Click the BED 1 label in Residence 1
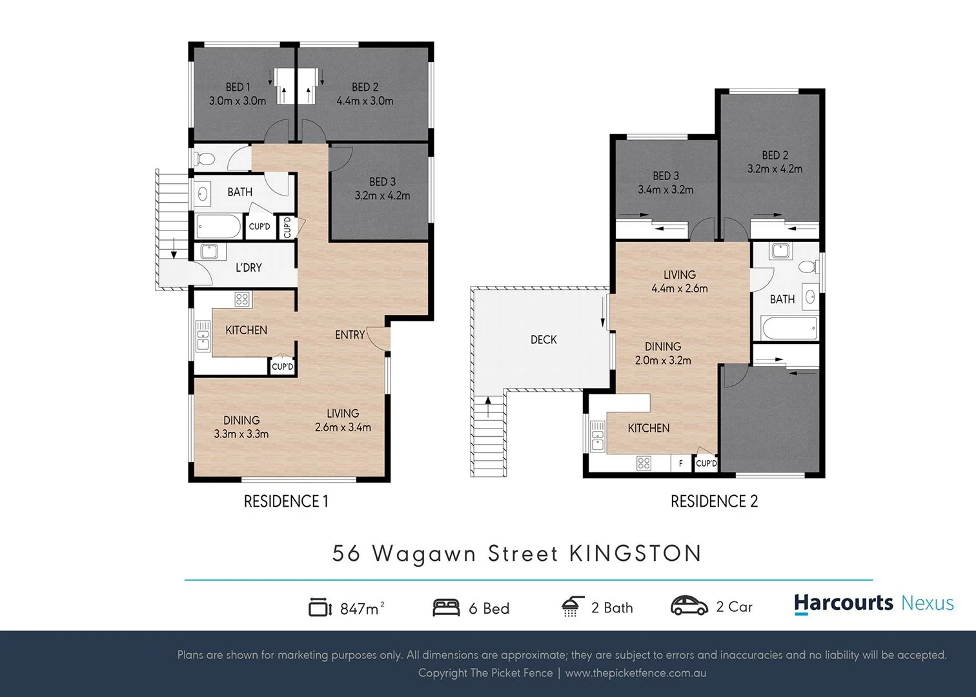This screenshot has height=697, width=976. pos(238,87)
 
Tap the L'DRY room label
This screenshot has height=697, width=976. pos(249,267)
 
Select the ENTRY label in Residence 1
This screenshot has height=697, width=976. pos(349,334)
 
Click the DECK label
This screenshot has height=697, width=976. pos(544,339)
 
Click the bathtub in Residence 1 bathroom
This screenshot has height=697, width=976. pos(219,227)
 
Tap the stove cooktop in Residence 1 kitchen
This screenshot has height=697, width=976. pos(242,299)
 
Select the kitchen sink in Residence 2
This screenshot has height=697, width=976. pos(597,435)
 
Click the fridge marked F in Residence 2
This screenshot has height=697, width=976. pos(680,463)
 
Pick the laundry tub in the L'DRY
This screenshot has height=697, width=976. pos(209,251)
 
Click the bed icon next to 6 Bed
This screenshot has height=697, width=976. pos(446,607)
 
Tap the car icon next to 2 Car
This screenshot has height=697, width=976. pos(689,606)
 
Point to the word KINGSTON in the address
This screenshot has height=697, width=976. pos(635,554)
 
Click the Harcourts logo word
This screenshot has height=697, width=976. pos(843,603)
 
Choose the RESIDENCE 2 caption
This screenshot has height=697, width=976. pos(714,501)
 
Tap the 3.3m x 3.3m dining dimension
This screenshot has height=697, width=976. pos(241,434)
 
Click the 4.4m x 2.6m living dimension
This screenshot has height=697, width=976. pos(679,288)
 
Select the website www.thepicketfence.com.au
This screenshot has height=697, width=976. pos(635,673)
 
